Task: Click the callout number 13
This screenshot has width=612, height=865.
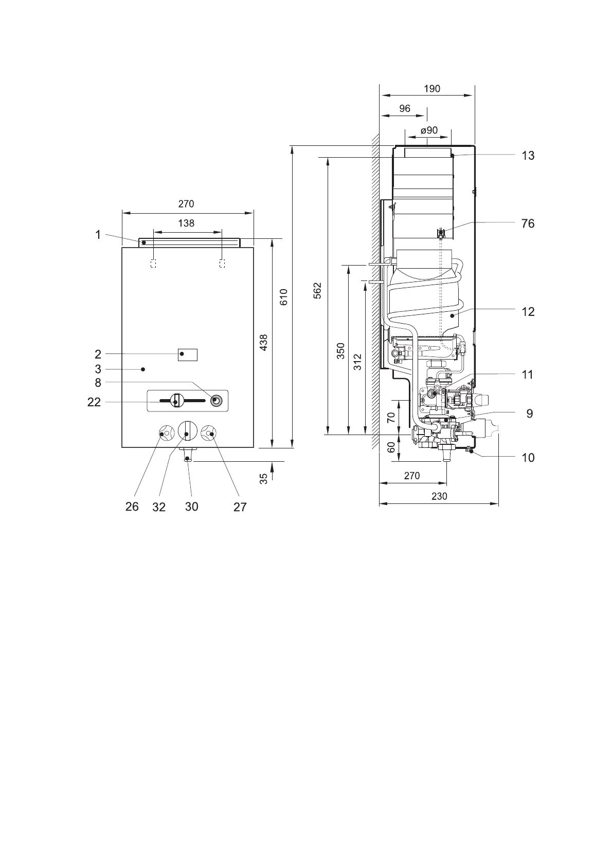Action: (528, 156)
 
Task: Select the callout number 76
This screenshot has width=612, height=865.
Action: (528, 223)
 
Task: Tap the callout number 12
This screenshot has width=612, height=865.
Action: (528, 312)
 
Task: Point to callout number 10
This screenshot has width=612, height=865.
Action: (528, 458)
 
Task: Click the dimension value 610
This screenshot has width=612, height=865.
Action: (284, 297)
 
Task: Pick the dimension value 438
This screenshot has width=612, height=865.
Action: (263, 343)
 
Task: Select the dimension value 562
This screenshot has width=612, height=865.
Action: (317, 291)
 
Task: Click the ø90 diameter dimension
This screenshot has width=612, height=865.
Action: (429, 130)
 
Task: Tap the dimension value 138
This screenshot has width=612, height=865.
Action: (186, 223)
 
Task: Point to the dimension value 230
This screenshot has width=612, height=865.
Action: (439, 496)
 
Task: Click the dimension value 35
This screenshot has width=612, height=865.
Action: (263, 479)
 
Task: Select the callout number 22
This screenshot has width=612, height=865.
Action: (94, 402)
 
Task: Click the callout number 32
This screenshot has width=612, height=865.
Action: (159, 507)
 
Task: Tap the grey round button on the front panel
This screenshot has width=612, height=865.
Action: (217, 401)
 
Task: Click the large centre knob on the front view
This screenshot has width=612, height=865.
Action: (188, 431)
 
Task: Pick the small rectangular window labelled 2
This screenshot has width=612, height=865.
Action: (188, 354)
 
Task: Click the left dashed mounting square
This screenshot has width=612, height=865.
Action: (153, 264)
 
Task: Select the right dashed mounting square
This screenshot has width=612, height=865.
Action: (222, 264)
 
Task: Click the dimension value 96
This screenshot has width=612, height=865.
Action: (404, 108)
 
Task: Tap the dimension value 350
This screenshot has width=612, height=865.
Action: (340, 351)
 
